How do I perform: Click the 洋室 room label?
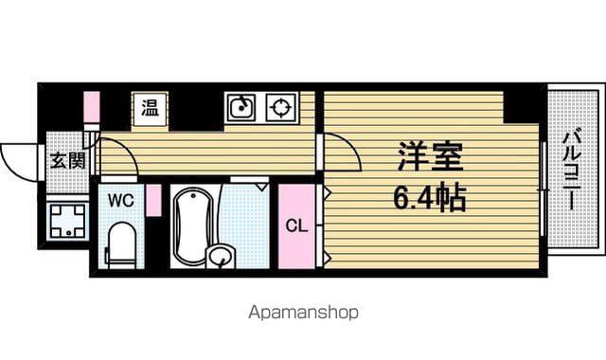click(x=431, y=156)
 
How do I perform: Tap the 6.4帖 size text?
click(x=430, y=198)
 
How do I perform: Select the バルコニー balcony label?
click(x=572, y=171)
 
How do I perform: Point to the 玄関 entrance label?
click(x=67, y=160)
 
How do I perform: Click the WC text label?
click(x=121, y=201)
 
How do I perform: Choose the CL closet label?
click(x=296, y=225)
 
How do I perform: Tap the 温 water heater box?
click(x=151, y=109)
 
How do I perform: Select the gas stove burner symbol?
click(x=281, y=107)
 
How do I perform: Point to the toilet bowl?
click(x=121, y=244)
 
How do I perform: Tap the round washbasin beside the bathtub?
click(x=221, y=256)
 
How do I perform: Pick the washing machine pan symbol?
click(x=68, y=221)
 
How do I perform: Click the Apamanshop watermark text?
click(x=303, y=312)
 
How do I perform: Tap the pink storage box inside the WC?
click(x=153, y=200)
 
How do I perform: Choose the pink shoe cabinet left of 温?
click(x=92, y=107)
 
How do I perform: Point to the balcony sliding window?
click(x=543, y=189)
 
